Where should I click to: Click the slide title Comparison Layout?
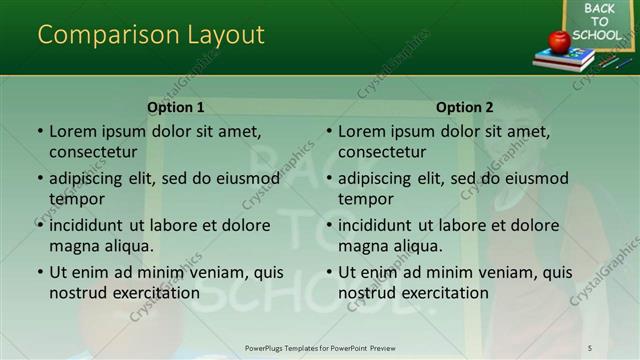click(x=151, y=34)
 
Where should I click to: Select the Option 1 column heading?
click(x=176, y=107)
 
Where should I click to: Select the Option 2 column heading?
click(x=465, y=107)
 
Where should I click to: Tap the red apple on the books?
click(x=559, y=41)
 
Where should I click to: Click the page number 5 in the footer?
click(x=590, y=347)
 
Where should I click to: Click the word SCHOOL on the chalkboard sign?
click(x=599, y=35)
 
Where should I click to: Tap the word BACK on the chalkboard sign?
click(x=599, y=9)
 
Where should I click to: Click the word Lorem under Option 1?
click(x=73, y=131)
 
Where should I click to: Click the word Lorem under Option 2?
click(x=362, y=131)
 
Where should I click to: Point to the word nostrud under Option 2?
click(x=366, y=293)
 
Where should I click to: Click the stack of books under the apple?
click(x=564, y=61)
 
